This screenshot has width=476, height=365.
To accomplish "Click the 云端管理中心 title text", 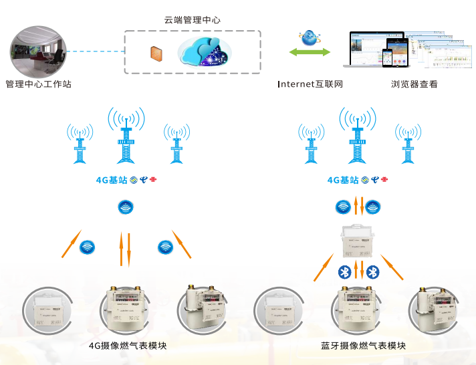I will pyautogui.click(x=192, y=20).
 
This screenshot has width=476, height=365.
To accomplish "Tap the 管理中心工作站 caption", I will pyautogui.click(x=38, y=85).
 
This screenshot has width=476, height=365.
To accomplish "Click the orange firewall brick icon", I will pyautogui.click(x=156, y=53).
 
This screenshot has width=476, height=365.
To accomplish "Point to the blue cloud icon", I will pyautogui.click(x=205, y=51).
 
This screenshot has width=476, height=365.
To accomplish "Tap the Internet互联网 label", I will pyautogui.click(x=310, y=85).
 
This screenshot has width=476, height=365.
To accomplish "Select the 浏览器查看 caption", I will pyautogui.click(x=414, y=85).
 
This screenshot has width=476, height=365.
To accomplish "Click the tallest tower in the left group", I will pyautogui.click(x=126, y=137).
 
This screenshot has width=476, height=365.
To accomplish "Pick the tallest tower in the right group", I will pyautogui.click(x=357, y=137).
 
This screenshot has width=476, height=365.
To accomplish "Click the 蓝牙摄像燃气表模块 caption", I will pyautogui.click(x=363, y=346).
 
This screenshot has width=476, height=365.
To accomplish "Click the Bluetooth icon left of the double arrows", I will pyautogui.click(x=344, y=271).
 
